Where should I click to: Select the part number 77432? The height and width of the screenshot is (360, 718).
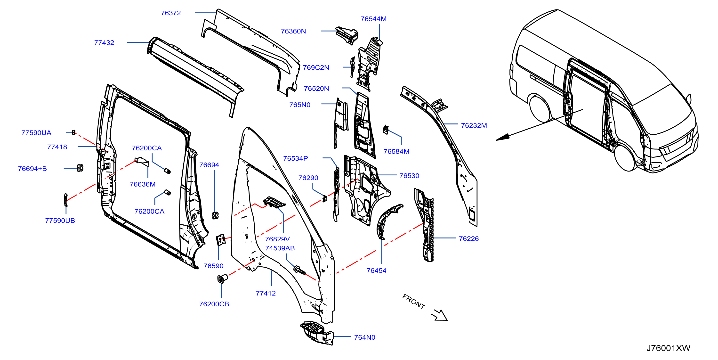point(104,43)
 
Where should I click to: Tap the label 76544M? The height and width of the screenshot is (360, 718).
point(373,19)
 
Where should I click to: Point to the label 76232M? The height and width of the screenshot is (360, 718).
point(474,125)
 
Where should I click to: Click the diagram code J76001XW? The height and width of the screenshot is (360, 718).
point(668,348)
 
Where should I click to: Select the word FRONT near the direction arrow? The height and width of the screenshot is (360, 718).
point(414,302)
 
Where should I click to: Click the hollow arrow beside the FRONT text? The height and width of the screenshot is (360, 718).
point(440,315)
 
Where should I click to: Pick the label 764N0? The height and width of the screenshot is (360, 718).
point(364,337)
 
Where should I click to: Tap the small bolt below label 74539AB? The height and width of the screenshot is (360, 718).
point(299,270)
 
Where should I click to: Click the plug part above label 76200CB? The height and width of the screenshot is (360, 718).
point(222,278)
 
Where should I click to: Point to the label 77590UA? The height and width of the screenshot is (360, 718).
point(36,133)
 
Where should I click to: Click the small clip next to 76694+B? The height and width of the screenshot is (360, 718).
point(80,168)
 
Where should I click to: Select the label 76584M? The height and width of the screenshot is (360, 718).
point(396,151)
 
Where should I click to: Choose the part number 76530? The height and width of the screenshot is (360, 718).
point(409,176)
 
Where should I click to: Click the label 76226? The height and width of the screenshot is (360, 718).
point(468,239)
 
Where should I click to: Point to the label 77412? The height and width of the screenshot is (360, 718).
point(266,293)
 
